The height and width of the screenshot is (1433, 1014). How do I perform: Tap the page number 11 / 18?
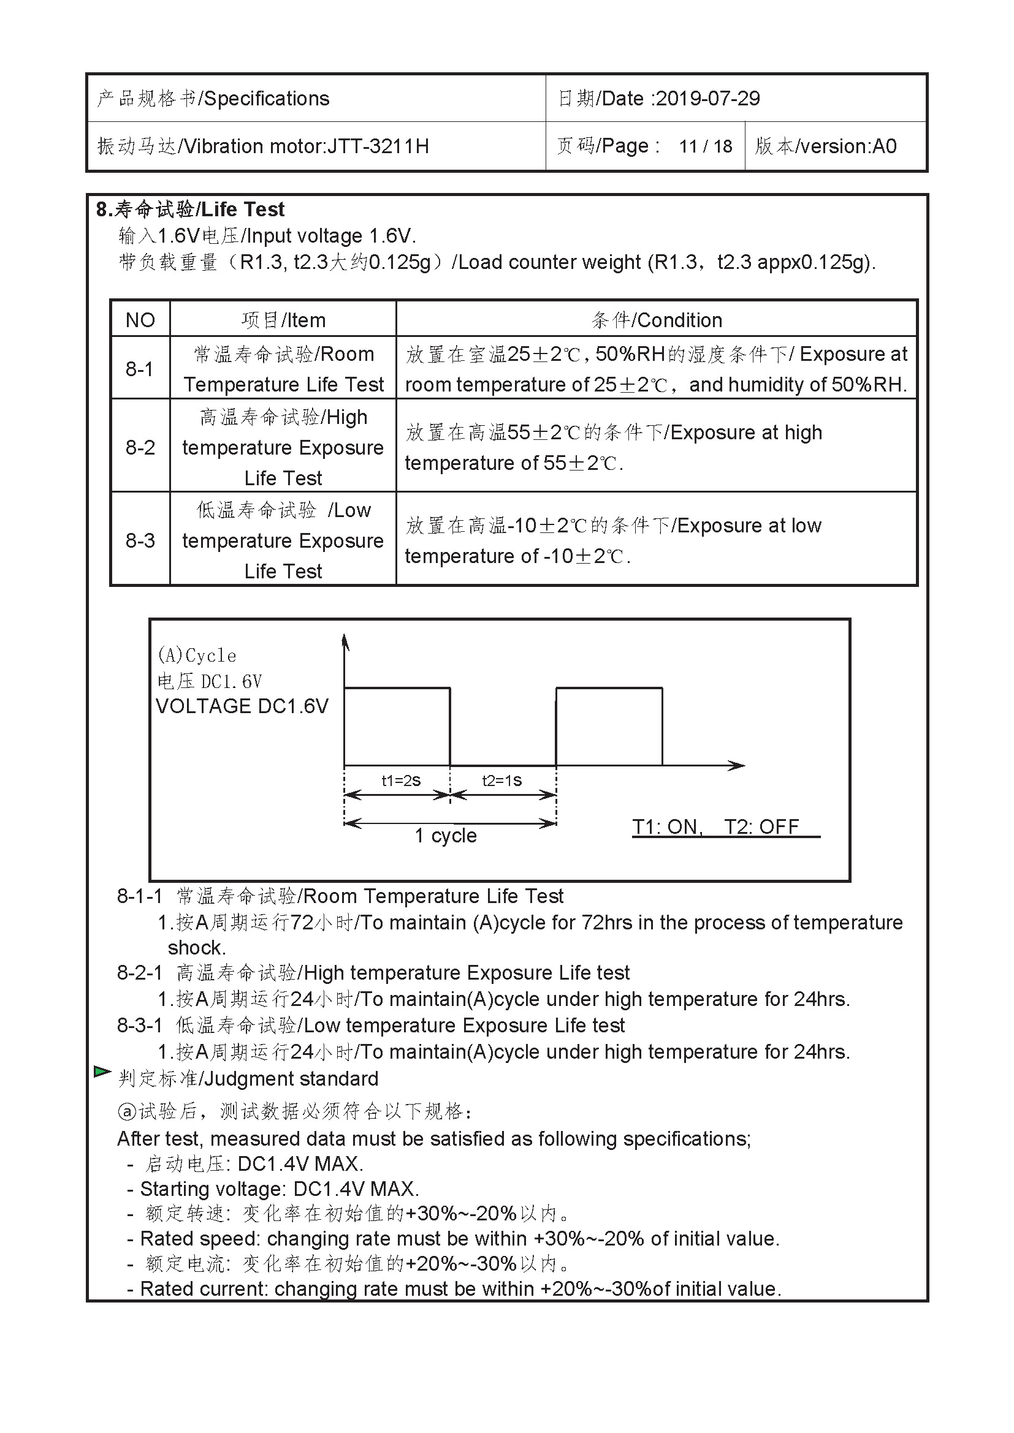[706, 146]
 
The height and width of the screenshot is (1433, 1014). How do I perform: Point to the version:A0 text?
[825, 146]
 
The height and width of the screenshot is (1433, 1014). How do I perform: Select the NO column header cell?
[140, 320]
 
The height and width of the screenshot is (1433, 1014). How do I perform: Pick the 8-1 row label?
[139, 369]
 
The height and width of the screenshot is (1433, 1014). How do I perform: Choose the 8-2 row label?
[140, 447]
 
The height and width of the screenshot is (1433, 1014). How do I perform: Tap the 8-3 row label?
[140, 540]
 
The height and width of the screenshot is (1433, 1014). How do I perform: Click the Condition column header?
[656, 320]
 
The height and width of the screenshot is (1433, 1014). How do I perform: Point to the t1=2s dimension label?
[401, 780]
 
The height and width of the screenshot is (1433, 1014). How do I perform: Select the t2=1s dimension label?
[502, 780]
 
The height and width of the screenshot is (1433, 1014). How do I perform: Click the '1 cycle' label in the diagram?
[446, 835]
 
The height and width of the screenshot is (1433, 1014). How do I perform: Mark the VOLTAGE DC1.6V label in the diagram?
[242, 706]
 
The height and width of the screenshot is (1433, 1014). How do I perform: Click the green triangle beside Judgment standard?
[102, 1072]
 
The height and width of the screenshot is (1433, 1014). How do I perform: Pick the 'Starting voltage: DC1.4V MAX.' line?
[279, 1189]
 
